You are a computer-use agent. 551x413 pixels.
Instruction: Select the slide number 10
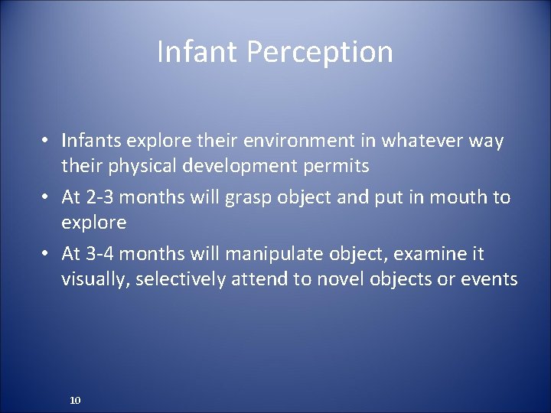coord(75,400)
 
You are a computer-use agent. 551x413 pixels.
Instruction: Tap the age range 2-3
coord(102,197)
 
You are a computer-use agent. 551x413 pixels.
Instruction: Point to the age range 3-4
coord(102,253)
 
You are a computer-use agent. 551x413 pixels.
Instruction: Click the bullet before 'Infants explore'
coord(47,141)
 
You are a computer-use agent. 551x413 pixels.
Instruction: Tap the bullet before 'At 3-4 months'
coord(47,254)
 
